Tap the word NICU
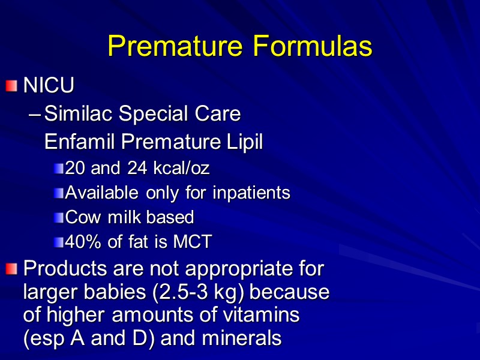tap(49, 86)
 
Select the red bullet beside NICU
tap(12, 86)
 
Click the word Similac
tap(78, 113)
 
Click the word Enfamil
tap(81, 142)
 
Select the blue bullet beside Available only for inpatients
tap(58, 193)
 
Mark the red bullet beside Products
tap(12, 269)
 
